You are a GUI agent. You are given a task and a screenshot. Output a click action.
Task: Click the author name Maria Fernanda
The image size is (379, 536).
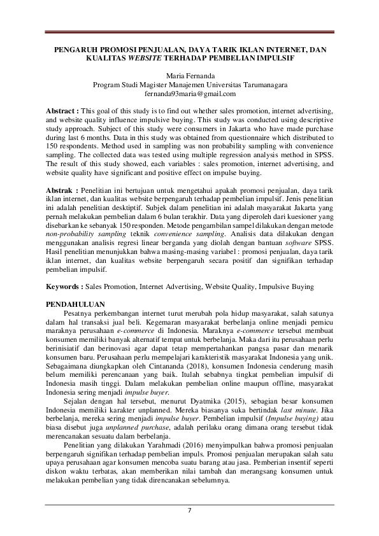pyautogui.click(x=190, y=75)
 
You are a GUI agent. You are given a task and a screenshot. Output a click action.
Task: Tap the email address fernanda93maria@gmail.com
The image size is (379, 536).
pyautogui.click(x=190, y=93)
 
